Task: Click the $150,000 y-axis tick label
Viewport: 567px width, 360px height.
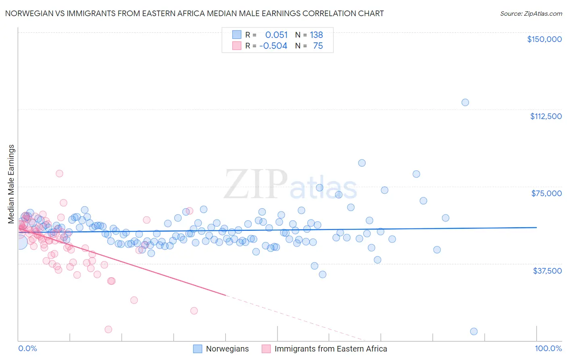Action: tap(544, 39)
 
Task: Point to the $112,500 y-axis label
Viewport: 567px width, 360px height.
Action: tap(546, 116)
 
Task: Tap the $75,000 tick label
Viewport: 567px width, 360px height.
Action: tap(546, 193)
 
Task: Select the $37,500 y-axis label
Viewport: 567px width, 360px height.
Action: tap(547, 271)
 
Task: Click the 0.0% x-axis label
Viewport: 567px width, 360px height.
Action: tap(27, 349)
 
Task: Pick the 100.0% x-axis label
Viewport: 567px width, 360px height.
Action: tap(548, 349)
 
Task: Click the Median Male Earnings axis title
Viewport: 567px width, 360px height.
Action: tap(11, 184)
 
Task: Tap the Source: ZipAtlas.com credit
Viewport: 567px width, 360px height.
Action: tap(531, 13)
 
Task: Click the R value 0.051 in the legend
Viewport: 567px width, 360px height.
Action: tap(276, 35)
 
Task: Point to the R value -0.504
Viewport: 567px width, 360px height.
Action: tap(273, 46)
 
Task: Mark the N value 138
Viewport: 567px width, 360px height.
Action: tap(316, 35)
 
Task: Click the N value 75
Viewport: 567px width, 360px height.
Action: tap(318, 46)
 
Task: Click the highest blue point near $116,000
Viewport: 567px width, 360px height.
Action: tap(465, 103)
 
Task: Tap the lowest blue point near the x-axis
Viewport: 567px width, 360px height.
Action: tap(474, 331)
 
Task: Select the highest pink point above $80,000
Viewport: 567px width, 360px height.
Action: tap(59, 174)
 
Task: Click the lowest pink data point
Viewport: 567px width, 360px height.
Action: tap(108, 329)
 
